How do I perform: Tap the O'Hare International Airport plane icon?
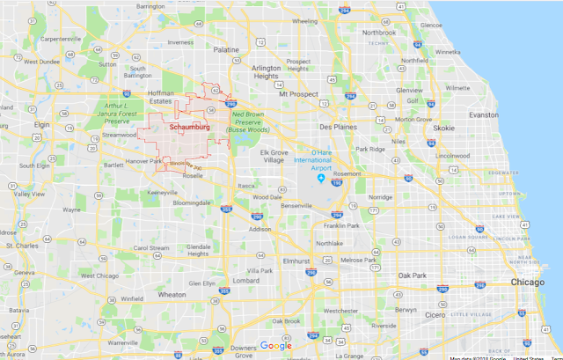pos(321,180)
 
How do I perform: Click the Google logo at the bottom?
pos(276,346)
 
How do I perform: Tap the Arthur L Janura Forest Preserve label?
pos(120,111)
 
